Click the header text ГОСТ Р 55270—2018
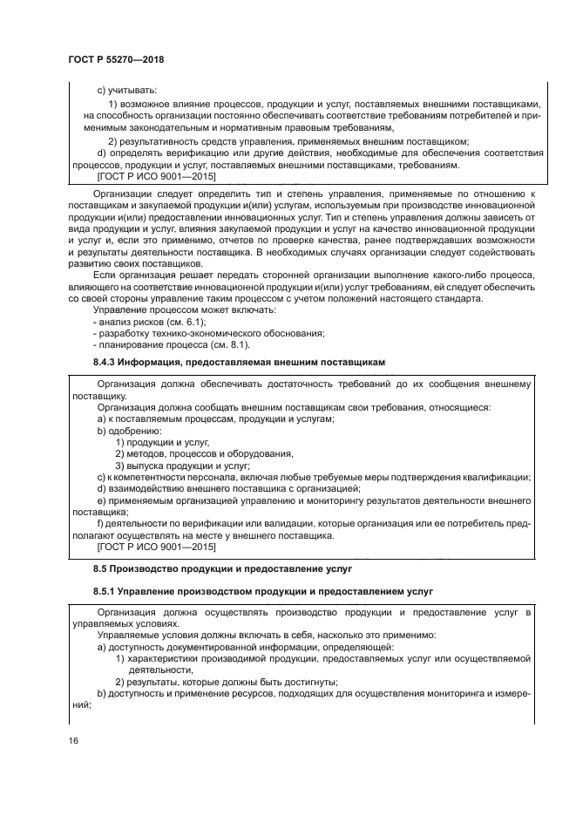click(116, 60)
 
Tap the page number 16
click(71, 740)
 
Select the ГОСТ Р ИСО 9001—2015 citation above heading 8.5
click(153, 547)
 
